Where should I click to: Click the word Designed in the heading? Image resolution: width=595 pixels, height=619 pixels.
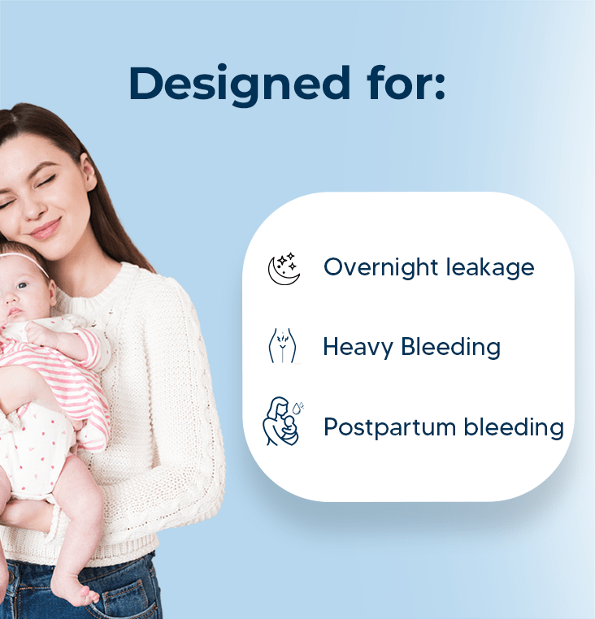[240, 84]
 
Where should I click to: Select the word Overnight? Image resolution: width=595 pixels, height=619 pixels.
[380, 267]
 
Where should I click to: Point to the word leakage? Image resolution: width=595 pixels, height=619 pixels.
[490, 267]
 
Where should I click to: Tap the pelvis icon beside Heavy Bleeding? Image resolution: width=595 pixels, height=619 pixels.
[282, 345]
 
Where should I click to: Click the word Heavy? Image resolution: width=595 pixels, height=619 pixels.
[358, 348]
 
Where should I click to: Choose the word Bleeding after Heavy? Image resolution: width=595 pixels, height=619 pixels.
[451, 347]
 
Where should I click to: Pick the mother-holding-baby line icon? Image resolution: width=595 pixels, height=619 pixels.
[283, 422]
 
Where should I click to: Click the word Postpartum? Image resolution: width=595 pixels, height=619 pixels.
[390, 427]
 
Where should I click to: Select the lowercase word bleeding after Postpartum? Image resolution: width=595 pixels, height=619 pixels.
[514, 427]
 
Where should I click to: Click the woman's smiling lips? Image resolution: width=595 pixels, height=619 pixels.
[45, 229]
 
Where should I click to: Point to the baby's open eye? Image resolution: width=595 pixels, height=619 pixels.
[22, 285]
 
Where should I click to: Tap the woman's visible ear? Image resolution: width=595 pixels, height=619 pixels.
[88, 172]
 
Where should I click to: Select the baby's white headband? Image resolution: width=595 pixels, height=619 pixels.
[23, 260]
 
